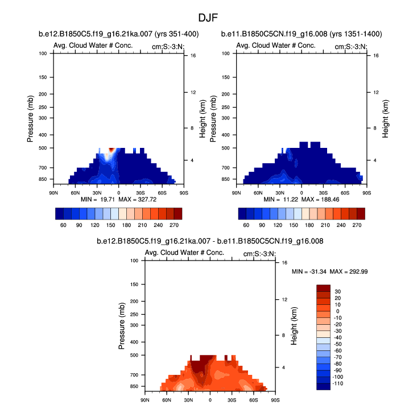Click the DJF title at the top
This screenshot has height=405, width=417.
(208, 18)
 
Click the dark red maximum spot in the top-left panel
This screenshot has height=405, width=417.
(112, 149)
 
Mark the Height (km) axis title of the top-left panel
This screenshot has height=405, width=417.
(202, 118)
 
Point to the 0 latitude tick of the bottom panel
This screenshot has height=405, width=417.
(210, 400)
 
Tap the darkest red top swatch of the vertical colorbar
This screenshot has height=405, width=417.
(323, 288)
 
